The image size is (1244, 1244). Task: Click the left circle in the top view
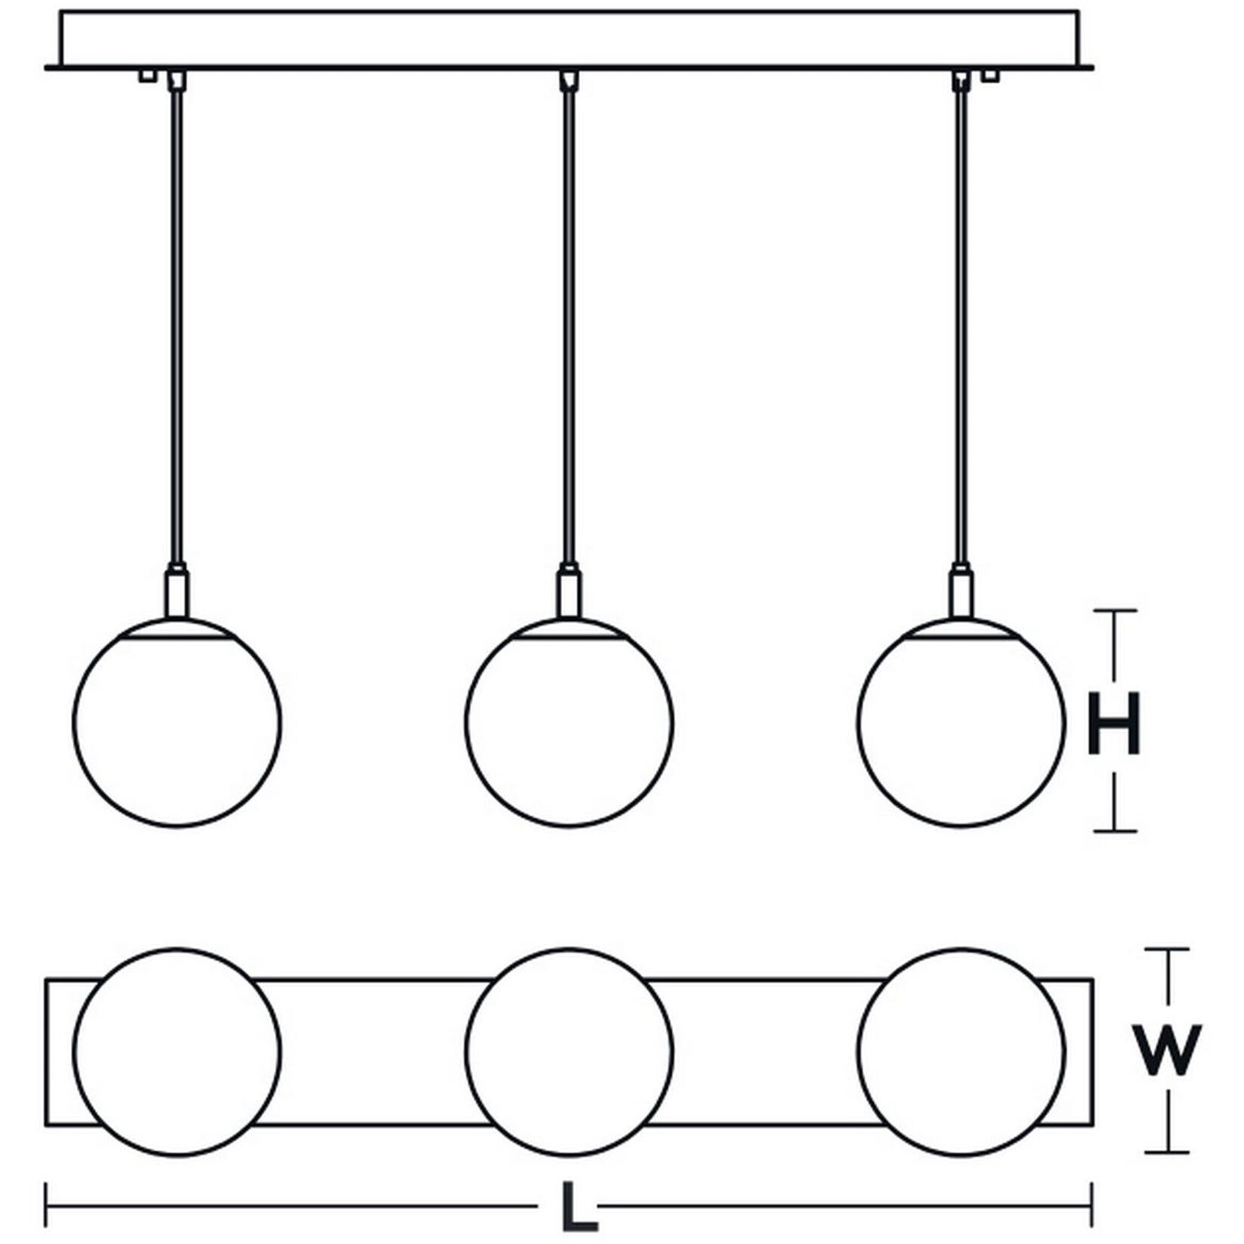click(177, 1051)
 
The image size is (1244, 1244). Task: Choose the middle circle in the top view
click(569, 1051)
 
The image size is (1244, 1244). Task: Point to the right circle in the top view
click(962, 1051)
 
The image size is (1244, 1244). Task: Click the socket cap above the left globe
click(177, 593)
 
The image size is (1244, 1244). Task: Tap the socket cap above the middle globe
click(569, 593)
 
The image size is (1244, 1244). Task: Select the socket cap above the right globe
click(962, 593)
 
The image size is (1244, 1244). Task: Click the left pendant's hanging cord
click(177, 325)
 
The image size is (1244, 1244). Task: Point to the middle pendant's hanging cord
click(569, 325)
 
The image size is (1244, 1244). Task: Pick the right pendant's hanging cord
click(962, 325)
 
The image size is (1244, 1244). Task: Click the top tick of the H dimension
click(1116, 609)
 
